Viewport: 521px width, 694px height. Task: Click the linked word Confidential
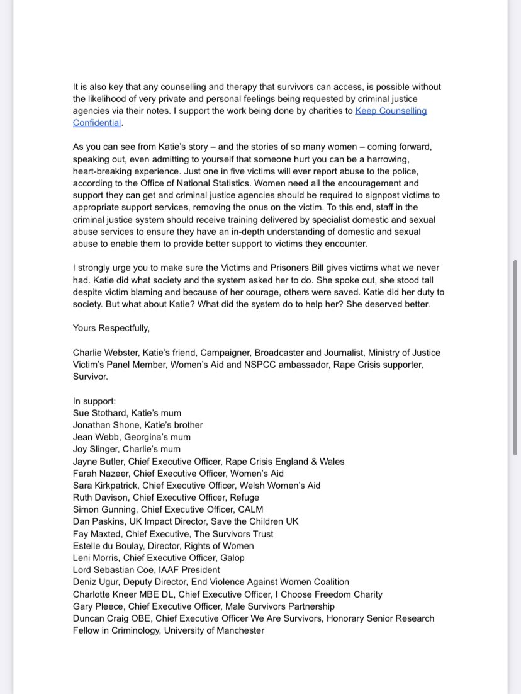click(96, 123)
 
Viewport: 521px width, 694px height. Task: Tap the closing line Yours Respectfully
click(111, 328)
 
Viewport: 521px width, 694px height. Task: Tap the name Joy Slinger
click(96, 449)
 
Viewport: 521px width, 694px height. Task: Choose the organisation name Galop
click(232, 558)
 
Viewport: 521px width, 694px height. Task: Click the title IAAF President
click(191, 570)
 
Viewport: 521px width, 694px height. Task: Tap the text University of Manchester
click(214, 630)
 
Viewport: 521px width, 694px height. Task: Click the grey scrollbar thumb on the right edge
click(516, 357)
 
